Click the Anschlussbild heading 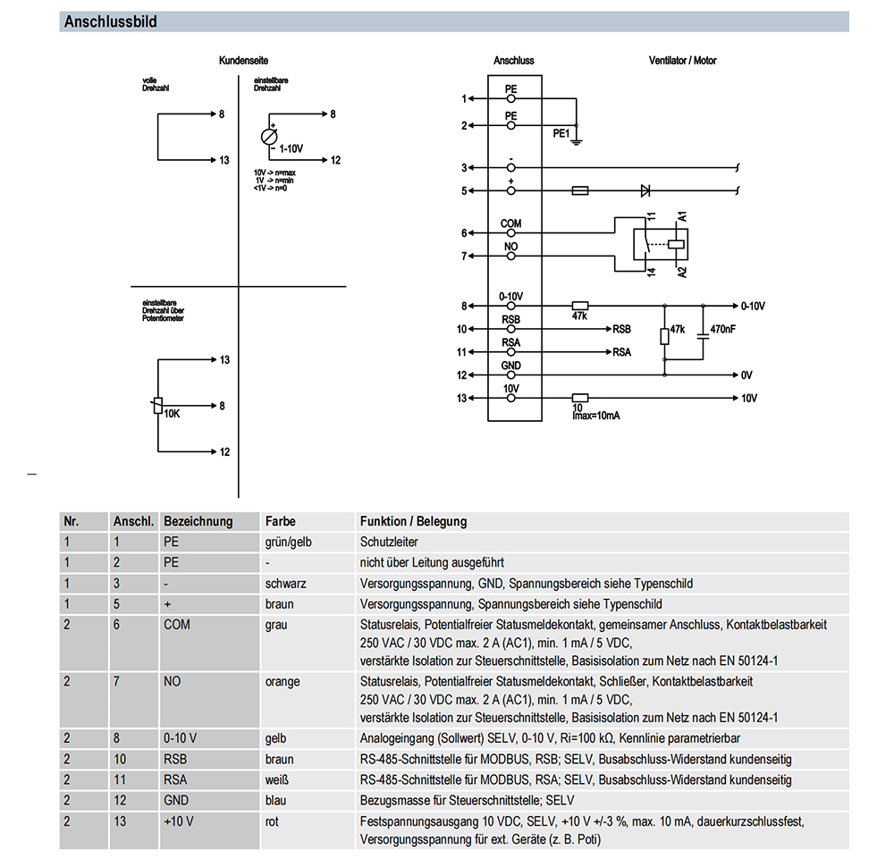tap(110, 21)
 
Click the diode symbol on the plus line tap(645, 190)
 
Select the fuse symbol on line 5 tap(580, 190)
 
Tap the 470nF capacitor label tap(722, 329)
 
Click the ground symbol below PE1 tap(577, 142)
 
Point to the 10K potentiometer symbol tap(158, 405)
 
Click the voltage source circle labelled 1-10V tap(269, 137)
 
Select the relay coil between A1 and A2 tap(676, 245)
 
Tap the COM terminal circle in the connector tap(510, 232)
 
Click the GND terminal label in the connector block tap(510, 366)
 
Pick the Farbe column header tap(281, 521)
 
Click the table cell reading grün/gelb tap(289, 542)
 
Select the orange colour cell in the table tap(283, 682)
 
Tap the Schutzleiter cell tap(389, 542)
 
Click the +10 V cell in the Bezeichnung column tap(179, 821)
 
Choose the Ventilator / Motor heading tap(682, 61)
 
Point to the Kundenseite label tap(243, 61)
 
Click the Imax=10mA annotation tap(595, 416)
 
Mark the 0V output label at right tap(746, 375)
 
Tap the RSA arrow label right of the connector tap(621, 352)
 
